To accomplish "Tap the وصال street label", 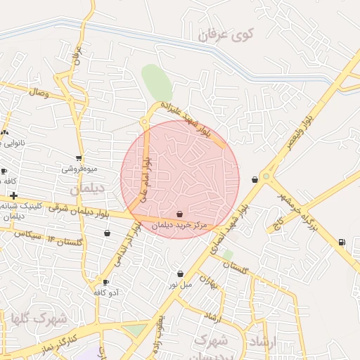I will pyautogui.click(x=39, y=92).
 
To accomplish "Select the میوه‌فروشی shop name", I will pyautogui.click(x=79, y=169).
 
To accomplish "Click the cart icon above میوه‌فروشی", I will pyautogui.click(x=79, y=158).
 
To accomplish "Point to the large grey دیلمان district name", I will pyautogui.click(x=86, y=188).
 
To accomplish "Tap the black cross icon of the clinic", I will pyautogui.click(x=13, y=195).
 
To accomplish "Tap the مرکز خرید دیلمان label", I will pyautogui.click(x=181, y=225).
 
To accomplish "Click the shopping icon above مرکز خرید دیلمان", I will pyautogui.click(x=180, y=214).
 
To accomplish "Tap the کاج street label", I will pyautogui.click(x=278, y=223).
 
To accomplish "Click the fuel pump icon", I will pyautogui.click(x=342, y=243).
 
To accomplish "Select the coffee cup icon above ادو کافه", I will pyautogui.click(x=106, y=282).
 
